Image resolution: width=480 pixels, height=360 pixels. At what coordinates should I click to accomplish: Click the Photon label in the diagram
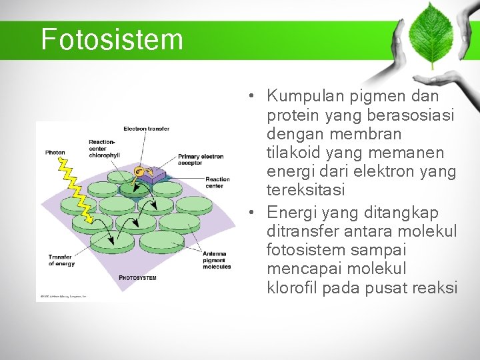tap(55, 153)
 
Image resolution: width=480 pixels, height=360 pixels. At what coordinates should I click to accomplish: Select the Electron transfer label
tap(146, 129)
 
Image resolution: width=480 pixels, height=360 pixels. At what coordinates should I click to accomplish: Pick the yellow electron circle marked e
tap(139, 171)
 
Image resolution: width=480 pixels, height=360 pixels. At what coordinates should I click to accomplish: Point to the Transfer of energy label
tap(61, 260)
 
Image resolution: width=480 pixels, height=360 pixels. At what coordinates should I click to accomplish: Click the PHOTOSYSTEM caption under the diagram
tap(137, 277)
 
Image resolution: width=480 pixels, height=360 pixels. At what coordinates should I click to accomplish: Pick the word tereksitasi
tap(306, 190)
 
